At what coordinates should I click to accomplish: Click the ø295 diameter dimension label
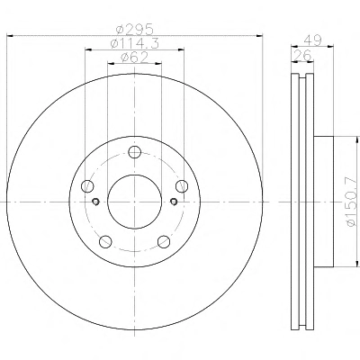tap(135, 30)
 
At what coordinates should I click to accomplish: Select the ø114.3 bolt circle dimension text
tap(134, 44)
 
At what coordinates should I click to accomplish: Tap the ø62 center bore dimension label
tap(134, 58)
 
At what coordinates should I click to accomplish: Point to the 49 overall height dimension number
tap(312, 40)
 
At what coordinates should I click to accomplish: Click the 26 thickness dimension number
tap(302, 56)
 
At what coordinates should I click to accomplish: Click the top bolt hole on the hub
tap(135, 152)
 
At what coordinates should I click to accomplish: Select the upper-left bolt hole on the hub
tap(87, 186)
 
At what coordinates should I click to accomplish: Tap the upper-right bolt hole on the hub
tap(182, 186)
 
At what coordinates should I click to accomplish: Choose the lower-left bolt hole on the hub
tap(105, 241)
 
